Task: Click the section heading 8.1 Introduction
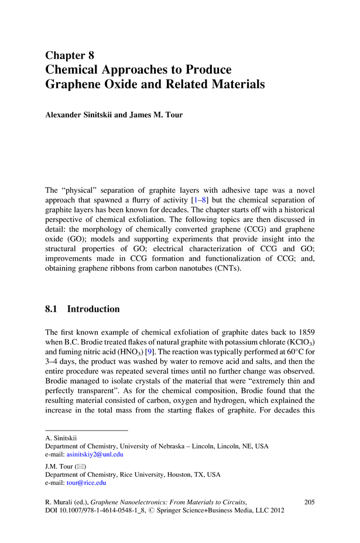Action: tap(82, 309)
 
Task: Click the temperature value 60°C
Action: tap(290, 354)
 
